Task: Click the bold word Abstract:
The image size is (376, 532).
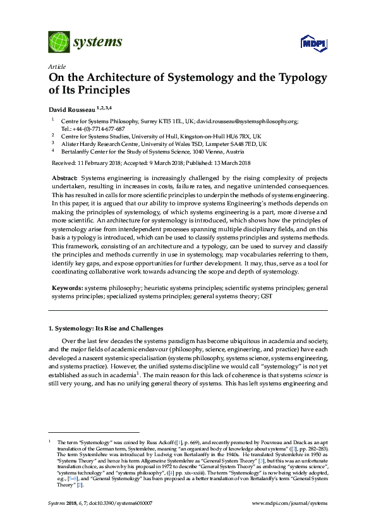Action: pos(65,179)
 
